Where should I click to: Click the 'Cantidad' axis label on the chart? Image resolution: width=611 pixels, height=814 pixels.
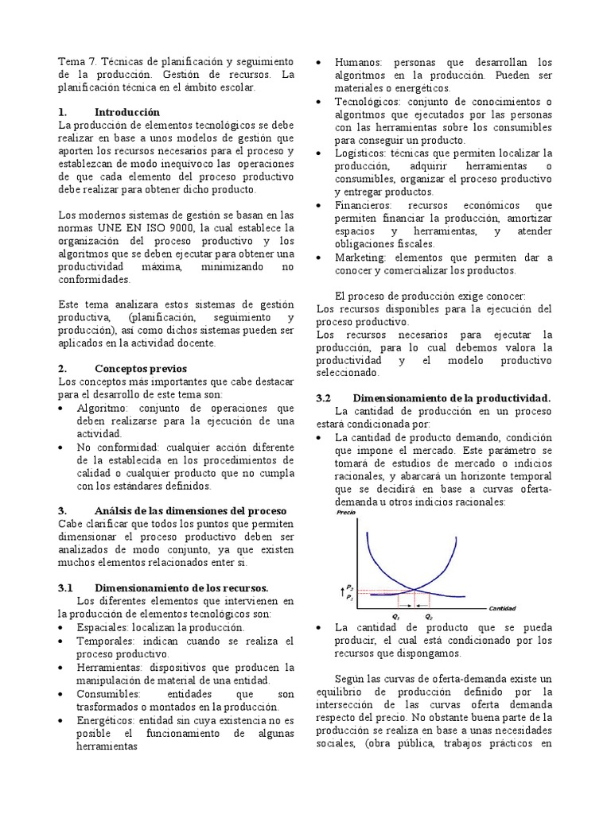tap(503, 608)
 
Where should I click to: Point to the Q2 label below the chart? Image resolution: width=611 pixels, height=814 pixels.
tap(428, 617)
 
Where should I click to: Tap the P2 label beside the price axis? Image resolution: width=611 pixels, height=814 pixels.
tap(351, 585)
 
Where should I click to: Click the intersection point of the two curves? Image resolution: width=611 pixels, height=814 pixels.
tap(414, 590)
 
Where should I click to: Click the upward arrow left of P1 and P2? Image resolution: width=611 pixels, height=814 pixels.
tap(341, 590)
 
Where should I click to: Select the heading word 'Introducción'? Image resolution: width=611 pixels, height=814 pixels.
tap(126, 112)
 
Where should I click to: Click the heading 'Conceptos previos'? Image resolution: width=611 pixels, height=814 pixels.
tap(140, 369)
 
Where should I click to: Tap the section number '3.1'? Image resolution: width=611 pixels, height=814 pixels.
tap(65, 587)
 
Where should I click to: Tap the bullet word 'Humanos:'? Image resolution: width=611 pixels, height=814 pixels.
tap(360, 62)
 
